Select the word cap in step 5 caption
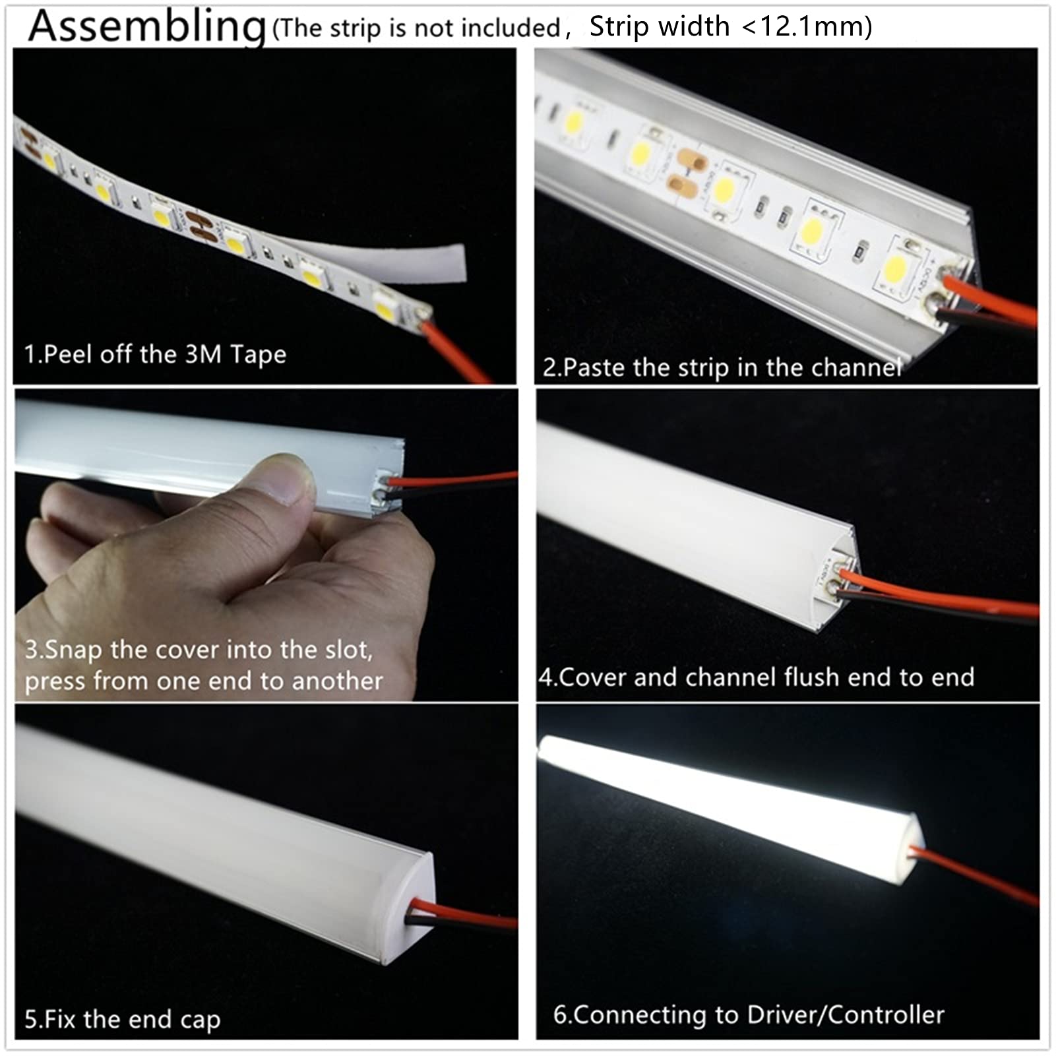tap(200, 1020)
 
